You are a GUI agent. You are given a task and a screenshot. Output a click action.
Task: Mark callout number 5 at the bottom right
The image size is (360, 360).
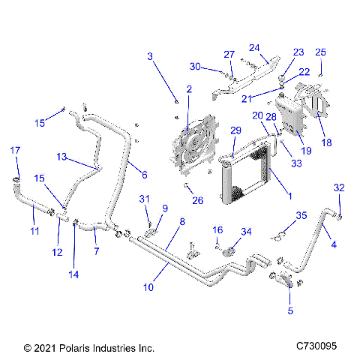290,310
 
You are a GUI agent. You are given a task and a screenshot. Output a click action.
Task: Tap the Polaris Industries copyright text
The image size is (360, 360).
88,348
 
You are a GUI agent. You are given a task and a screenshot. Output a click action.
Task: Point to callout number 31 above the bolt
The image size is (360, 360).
145,198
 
